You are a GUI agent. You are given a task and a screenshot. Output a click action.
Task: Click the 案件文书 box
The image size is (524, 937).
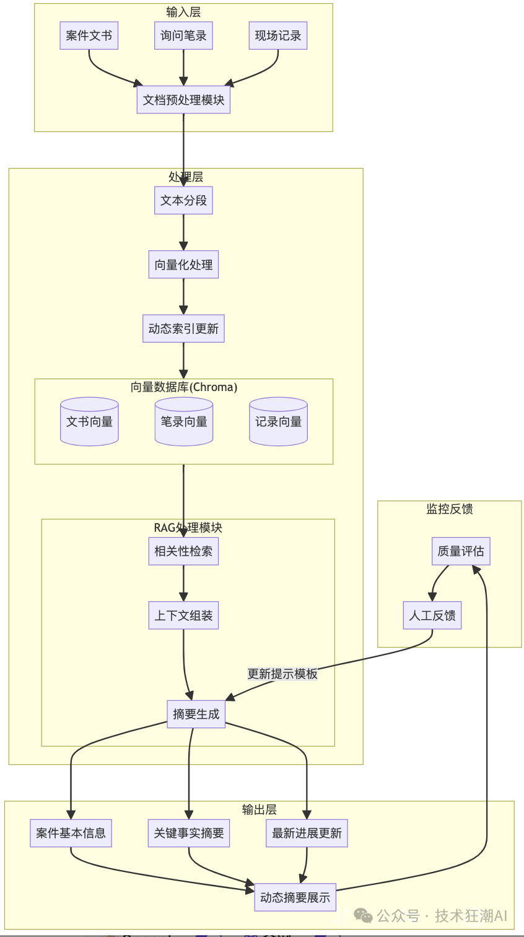(x=89, y=36)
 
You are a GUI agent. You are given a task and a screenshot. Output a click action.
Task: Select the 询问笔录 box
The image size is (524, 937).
(x=183, y=36)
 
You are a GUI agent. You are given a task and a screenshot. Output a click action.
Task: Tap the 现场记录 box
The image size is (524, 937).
(x=278, y=36)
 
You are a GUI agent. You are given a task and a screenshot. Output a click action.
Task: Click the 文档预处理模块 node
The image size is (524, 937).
(x=183, y=100)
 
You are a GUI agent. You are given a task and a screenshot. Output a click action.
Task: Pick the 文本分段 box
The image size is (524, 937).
(x=183, y=201)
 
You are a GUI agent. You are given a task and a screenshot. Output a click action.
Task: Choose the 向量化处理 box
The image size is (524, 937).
(x=183, y=265)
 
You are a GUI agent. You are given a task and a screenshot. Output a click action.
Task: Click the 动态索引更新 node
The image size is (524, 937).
(x=183, y=329)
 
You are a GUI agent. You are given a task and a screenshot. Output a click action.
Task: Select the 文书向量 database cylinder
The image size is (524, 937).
(x=89, y=422)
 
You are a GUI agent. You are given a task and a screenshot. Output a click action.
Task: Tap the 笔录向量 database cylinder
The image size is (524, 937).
(x=184, y=422)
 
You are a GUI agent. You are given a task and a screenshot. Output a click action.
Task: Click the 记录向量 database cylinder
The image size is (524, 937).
(x=278, y=422)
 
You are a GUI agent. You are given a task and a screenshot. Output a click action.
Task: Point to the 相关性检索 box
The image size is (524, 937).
(x=183, y=552)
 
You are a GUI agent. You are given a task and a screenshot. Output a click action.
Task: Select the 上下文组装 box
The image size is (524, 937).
(x=183, y=616)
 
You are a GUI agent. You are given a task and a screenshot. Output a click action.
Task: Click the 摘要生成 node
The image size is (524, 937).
(x=196, y=715)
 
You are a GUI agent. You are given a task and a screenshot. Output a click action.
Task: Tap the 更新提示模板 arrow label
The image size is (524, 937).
(x=282, y=674)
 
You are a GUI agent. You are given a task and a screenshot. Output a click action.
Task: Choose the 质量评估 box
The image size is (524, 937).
(x=461, y=552)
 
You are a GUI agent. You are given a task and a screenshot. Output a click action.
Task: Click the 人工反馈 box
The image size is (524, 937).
(x=432, y=616)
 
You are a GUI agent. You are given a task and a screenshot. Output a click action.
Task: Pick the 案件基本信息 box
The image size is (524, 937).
(x=71, y=834)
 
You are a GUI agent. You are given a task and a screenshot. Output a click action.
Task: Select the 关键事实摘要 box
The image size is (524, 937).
(x=189, y=834)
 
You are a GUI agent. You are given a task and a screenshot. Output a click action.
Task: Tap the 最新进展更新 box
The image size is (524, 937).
(x=307, y=834)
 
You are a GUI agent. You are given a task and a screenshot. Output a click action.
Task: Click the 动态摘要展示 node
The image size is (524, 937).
(x=295, y=897)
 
